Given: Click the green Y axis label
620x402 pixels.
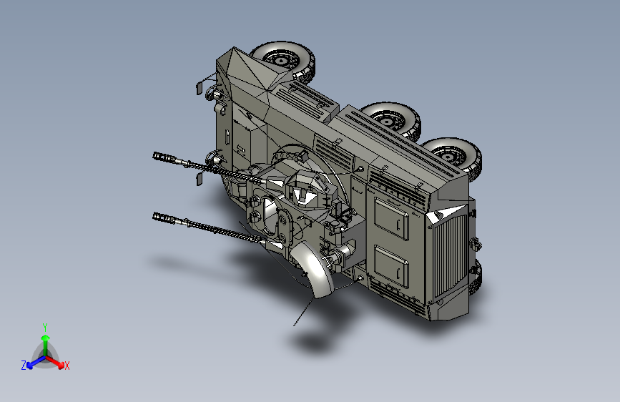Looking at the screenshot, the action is (45, 327).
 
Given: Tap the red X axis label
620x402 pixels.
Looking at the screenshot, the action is (67, 366).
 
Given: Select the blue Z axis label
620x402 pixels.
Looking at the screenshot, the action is (24, 366).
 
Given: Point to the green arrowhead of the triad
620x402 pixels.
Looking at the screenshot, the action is (46, 338).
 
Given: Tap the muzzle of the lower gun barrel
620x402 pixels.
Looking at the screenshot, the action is (158, 217).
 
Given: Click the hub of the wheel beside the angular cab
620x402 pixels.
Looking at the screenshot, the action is (280, 61).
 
